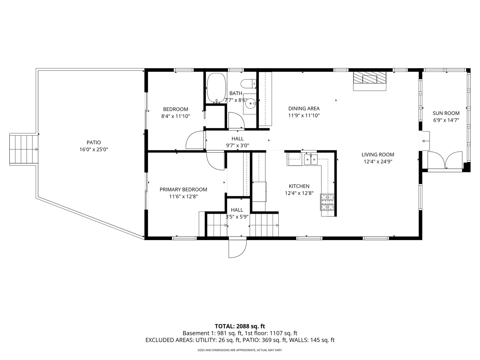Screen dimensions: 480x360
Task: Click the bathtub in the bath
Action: coord(216,88)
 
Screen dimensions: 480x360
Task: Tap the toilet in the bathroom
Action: coord(248,84)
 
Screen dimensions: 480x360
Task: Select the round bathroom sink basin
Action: coord(250,103)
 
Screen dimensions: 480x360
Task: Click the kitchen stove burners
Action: coord(327,202)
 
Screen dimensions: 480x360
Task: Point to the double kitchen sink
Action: coord(311,159)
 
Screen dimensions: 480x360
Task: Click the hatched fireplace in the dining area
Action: coord(370,78)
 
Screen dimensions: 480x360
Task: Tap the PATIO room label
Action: coord(94,143)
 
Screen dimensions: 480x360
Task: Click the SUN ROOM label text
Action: coord(446,113)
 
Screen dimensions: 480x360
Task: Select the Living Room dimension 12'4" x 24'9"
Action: coord(378,162)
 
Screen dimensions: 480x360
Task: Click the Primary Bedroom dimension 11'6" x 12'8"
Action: coord(183,197)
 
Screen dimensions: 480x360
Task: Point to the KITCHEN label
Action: coord(299,186)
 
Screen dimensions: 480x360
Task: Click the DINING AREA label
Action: coord(304,108)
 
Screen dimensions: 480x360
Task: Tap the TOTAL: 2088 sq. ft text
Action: coord(240,326)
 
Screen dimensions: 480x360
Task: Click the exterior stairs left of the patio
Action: coord(23,150)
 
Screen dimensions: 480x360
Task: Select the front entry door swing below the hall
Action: coord(238,249)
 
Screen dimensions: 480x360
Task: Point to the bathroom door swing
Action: coord(236,120)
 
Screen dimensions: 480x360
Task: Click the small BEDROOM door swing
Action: coord(195,140)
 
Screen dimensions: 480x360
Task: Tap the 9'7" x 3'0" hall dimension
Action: coord(237,146)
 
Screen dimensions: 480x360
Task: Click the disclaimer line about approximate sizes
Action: coord(240,350)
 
